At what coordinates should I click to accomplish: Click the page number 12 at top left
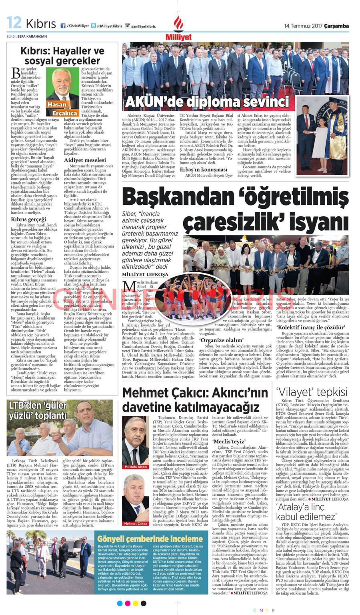14,23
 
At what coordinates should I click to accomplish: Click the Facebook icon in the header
63,26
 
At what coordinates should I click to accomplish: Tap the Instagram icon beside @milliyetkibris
128,26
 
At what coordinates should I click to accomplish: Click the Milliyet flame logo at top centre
178,26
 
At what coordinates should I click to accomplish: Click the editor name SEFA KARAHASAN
32,36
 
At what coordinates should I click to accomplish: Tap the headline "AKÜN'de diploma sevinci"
207,102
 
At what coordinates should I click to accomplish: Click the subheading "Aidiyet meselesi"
85,160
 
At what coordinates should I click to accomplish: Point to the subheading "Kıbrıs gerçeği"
28,219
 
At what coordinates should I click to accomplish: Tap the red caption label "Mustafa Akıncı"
136,467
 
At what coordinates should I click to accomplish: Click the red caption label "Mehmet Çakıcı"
136,523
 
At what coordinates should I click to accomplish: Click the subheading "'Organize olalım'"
222,340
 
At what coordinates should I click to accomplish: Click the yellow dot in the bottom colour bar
135,603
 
